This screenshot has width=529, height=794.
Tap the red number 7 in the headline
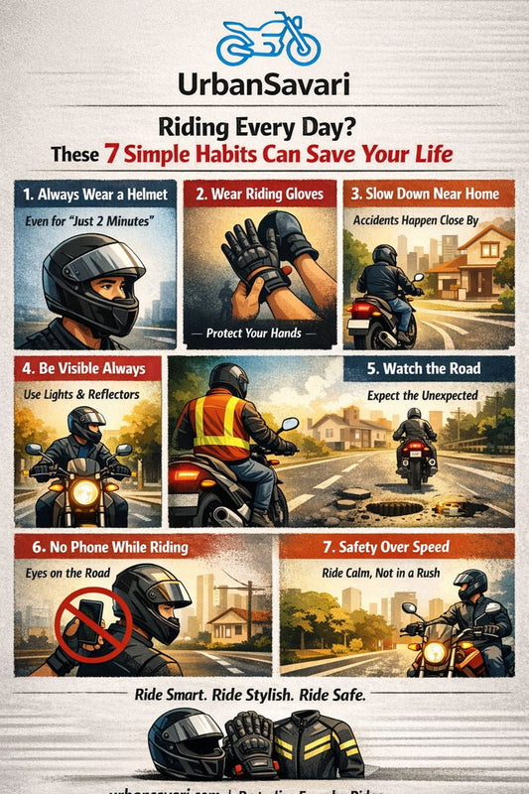[x=114, y=155]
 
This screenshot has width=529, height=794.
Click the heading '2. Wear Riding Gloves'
[x=259, y=194]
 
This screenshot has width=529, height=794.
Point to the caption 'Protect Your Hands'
[x=260, y=331]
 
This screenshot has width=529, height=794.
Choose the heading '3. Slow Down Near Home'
[x=429, y=194]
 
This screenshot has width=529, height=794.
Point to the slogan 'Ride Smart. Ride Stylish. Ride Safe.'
[x=262, y=696]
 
